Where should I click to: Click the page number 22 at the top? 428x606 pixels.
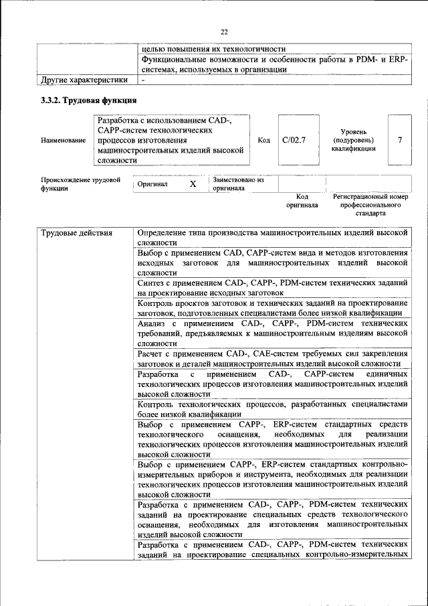224,31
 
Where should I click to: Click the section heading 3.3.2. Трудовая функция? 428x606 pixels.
88,101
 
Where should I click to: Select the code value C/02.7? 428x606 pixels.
294,140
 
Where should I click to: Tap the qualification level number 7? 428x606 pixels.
399,140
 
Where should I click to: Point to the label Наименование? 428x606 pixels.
63,140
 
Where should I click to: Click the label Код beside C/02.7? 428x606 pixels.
263,140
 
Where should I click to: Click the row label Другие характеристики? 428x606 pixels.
84,80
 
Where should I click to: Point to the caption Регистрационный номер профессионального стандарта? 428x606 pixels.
370,205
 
